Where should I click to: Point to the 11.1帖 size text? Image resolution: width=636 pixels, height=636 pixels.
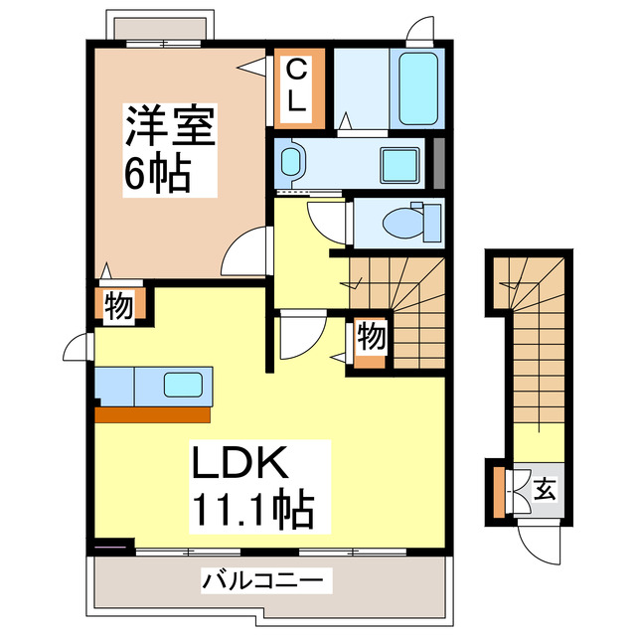pos(252,510)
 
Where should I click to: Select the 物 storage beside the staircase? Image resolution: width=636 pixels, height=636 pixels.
pos(371,337)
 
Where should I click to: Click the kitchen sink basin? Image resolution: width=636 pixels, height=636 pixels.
pos(186,384)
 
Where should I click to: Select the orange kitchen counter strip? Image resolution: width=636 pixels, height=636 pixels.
pos(153,412)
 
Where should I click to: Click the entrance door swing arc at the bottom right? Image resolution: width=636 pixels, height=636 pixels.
pos(537,541)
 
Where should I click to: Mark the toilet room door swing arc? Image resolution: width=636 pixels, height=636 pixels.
pos(328,218)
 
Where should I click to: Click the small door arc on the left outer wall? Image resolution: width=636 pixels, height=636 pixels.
pos(76,348)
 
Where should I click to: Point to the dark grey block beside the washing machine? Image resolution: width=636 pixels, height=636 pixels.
pos(437,163)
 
